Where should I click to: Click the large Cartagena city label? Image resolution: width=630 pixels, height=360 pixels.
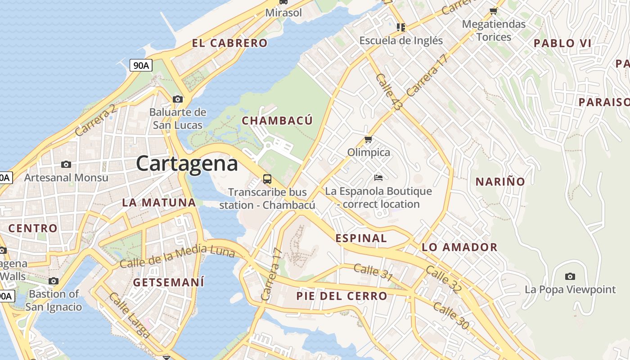tap(187, 163)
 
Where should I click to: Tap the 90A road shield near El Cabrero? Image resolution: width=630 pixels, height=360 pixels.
tap(141, 65)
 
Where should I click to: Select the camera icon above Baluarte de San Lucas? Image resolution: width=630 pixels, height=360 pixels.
tap(178, 99)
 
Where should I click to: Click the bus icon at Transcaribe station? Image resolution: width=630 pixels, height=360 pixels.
tap(267, 179)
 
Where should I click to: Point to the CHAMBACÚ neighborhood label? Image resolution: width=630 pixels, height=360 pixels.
tap(277, 121)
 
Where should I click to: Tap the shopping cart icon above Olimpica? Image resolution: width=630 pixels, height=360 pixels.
tap(369, 139)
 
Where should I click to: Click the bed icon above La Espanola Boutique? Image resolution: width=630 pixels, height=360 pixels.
tap(378, 178)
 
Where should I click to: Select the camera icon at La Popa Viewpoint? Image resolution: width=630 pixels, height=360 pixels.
tap(570, 276)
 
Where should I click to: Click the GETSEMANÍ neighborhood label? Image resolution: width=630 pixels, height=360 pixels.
tap(169, 283)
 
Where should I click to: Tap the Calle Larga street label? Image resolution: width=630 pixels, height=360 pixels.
tap(129, 315)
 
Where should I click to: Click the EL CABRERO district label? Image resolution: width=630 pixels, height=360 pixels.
tap(229, 43)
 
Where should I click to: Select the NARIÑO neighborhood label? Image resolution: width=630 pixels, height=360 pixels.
tap(500, 182)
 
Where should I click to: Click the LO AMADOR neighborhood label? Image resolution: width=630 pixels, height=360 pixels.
tap(459, 247)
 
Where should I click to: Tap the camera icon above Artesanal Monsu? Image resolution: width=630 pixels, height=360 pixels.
tap(66, 164)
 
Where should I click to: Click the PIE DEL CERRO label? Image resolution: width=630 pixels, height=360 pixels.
tap(342, 296)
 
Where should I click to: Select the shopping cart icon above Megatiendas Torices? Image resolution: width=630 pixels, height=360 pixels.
tap(494, 11)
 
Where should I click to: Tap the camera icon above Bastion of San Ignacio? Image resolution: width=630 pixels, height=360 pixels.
tap(54, 281)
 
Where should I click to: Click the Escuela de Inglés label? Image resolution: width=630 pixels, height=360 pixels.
tap(401, 40)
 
